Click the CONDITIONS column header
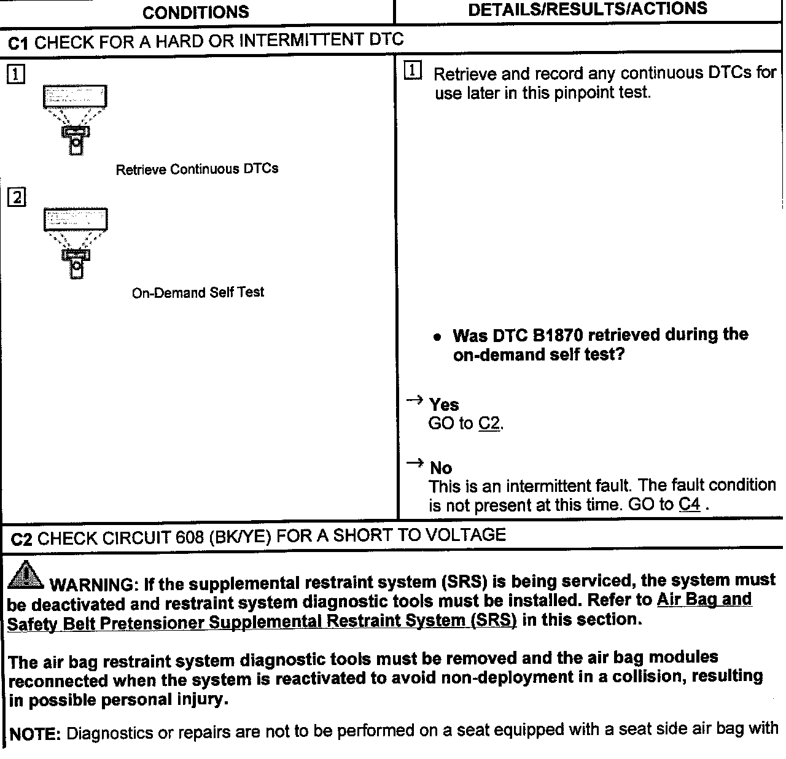pos(195,12)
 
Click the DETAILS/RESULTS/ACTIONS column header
pos(587,9)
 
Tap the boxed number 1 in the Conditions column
pos(16,75)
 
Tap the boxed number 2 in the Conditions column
pos(17,198)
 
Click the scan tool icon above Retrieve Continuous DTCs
pos(75,119)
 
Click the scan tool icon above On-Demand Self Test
pos(75,243)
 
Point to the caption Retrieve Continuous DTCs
pos(196,169)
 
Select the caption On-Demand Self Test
pos(198,292)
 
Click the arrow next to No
pos(415,464)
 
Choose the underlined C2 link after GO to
pos(489,424)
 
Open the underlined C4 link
pos(690,505)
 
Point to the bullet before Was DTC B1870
pos(437,337)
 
